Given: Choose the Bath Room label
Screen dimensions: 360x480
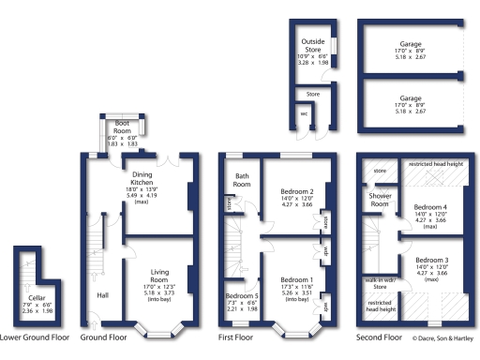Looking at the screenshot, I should [x=242, y=180].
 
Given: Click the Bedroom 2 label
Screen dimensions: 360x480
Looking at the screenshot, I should [x=295, y=191].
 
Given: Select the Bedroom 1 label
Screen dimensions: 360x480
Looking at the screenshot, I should [x=295, y=279].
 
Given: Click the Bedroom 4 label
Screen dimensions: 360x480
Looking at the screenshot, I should [x=432, y=207].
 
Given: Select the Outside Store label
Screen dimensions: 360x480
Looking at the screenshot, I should [x=312, y=46].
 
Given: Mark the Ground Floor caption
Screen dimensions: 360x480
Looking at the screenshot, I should [x=104, y=336].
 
